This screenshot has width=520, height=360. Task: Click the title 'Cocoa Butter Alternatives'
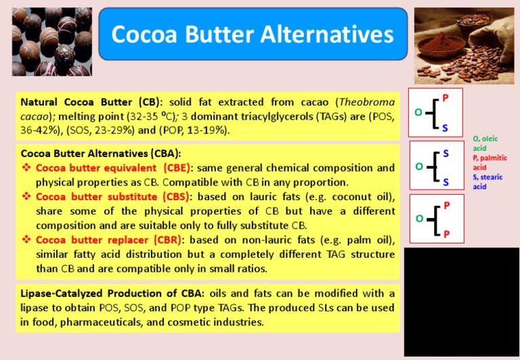252,34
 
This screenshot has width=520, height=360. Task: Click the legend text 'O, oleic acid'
485,143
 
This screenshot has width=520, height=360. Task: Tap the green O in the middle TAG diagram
418,165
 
